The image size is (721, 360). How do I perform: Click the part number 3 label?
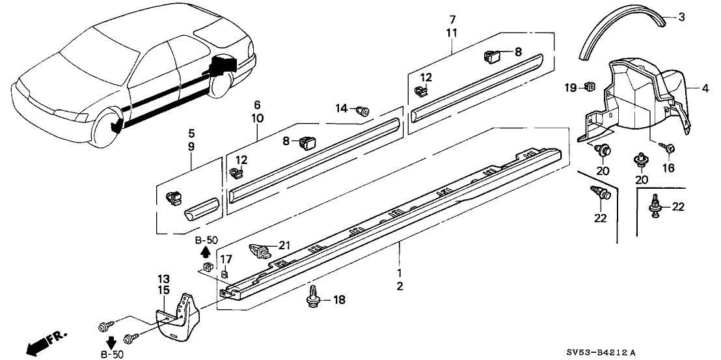point(681,18)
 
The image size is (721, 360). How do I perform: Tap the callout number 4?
point(705,87)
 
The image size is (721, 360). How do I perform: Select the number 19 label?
point(571,87)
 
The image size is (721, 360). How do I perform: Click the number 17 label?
point(226,260)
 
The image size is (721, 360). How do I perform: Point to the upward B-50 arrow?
point(206,250)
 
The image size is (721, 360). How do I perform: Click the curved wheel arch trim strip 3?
point(625,33)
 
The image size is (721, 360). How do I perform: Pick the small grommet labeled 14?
point(364,113)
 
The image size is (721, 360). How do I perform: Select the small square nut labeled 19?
point(590,85)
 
